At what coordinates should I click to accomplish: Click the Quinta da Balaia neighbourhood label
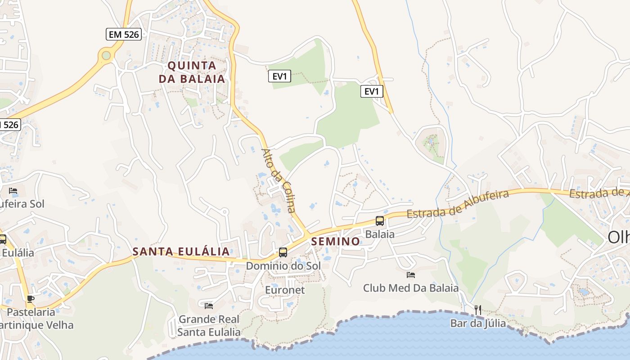192,72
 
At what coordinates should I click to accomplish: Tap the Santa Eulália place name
181,252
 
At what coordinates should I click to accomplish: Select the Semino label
336,242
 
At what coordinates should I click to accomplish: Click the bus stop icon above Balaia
380,221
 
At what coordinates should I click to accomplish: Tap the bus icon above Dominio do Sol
283,252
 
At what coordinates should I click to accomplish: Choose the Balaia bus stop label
380,234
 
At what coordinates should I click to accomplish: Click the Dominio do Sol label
283,266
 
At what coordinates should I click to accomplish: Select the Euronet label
285,290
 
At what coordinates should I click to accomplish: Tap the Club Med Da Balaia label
411,288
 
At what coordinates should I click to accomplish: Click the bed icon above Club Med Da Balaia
411,274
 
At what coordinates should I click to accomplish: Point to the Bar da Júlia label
478,323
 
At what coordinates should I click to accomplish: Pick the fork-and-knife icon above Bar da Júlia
478,310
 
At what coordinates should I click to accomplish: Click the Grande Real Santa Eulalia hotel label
209,326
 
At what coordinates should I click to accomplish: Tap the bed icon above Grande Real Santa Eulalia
209,306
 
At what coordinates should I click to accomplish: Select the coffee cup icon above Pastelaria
31,299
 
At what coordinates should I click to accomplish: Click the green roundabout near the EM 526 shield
106,55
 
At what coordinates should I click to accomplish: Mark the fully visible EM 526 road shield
124,34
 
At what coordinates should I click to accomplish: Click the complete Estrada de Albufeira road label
458,204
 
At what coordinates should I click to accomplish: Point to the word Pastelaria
31,312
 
